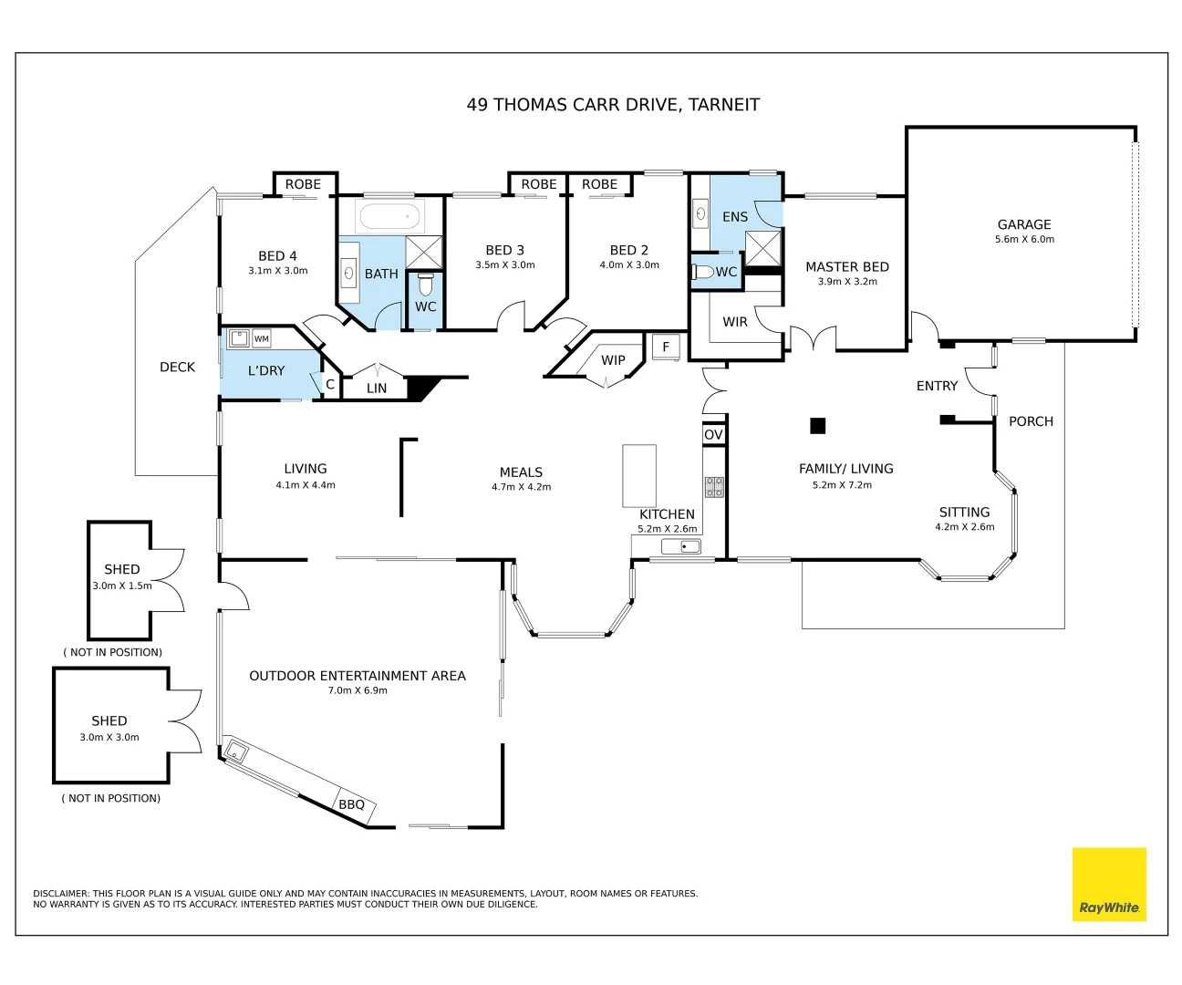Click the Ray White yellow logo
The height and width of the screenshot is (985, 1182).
(1108, 884)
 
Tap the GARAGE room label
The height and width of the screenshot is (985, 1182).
(1023, 224)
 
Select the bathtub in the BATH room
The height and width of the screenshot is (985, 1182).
(389, 217)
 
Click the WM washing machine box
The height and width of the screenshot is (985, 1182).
(262, 338)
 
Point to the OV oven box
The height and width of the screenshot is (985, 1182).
(713, 435)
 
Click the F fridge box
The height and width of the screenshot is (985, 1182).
(666, 347)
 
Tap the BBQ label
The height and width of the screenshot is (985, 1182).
(351, 804)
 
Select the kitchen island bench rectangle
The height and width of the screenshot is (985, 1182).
(639, 475)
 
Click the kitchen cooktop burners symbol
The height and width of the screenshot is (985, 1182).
(714, 486)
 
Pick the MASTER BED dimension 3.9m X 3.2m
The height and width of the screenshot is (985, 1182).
(847, 282)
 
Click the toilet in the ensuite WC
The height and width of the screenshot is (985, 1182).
(703, 272)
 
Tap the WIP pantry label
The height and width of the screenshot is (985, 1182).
(613, 360)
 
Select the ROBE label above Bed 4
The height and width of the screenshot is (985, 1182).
(303, 184)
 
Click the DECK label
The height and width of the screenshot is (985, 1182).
(177, 367)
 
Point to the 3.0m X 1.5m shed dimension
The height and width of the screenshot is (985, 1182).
(122, 586)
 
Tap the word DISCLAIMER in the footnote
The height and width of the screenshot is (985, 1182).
(61, 894)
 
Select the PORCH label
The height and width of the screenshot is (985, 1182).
(1031, 421)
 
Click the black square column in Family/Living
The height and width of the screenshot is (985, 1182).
(818, 425)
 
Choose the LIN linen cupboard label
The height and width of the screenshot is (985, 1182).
(377, 389)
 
